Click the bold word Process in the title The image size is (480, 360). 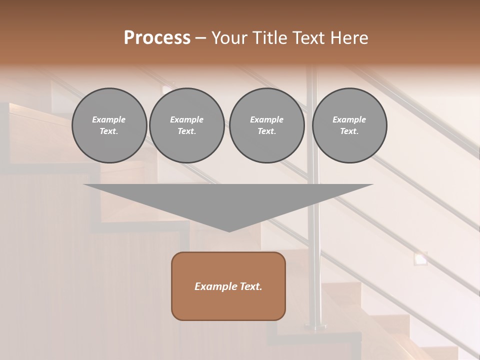point(157,38)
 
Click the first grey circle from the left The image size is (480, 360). point(109,125)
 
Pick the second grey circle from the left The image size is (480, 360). point(186,125)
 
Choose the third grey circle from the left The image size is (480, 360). point(266,125)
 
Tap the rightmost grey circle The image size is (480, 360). point(349,125)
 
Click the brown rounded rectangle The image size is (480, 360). point(228,286)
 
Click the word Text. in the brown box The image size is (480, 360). point(250,286)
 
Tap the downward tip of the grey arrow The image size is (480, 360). point(229,230)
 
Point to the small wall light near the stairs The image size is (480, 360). point(421,258)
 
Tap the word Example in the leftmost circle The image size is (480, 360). point(109,119)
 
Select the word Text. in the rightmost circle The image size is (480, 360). point(349,131)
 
